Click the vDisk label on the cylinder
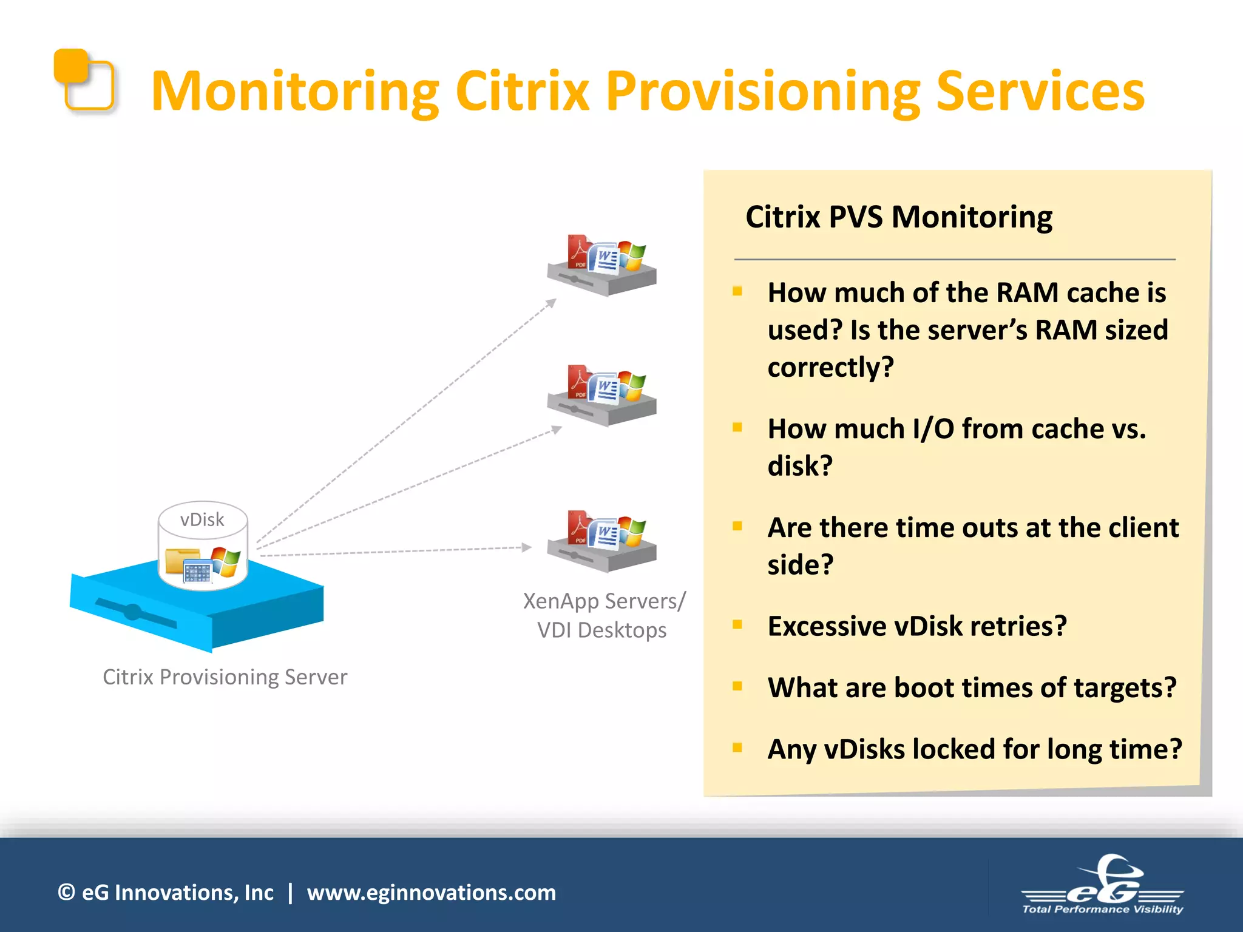click(202, 520)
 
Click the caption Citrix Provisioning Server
click(225, 677)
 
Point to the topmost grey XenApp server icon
click(601, 267)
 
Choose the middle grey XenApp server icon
click(601, 397)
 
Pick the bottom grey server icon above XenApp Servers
click(601, 542)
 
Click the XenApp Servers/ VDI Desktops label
click(603, 615)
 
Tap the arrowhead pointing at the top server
click(551, 303)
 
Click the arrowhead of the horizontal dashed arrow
click(527, 547)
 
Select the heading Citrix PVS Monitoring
click(898, 217)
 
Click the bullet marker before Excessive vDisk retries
click(737, 624)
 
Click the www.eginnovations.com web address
click(431, 893)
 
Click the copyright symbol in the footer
click(66, 893)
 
